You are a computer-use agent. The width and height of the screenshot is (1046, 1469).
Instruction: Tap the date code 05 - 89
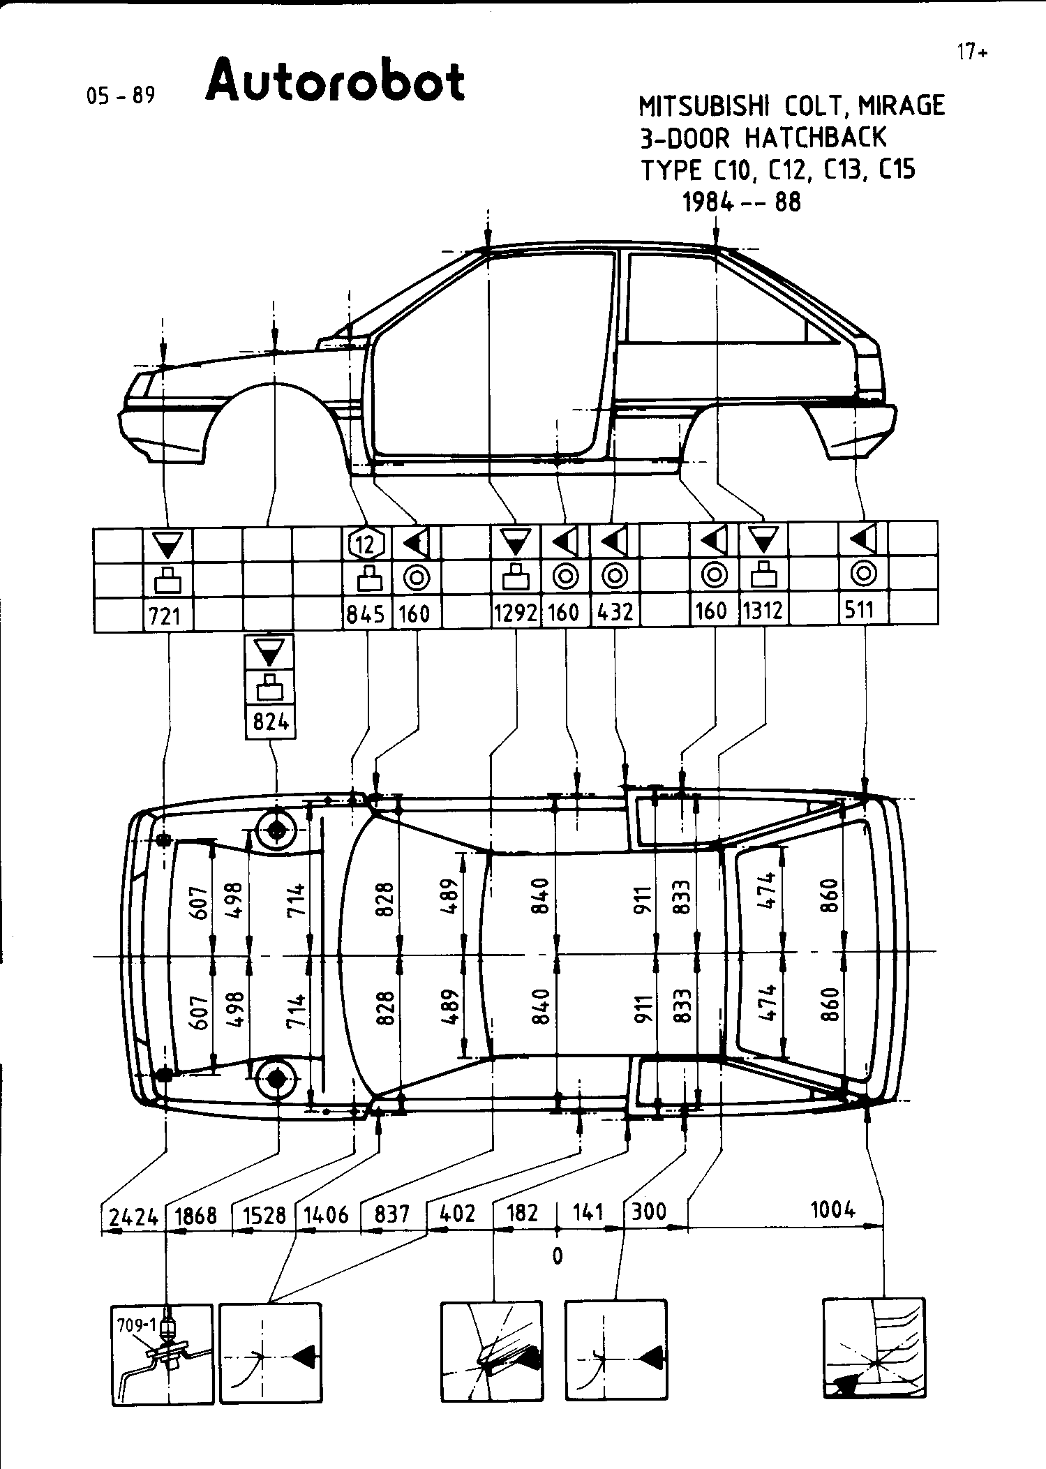[x=120, y=96]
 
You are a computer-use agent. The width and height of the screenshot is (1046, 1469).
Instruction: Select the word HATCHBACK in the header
[x=816, y=137]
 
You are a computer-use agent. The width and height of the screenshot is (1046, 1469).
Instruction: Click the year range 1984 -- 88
[x=741, y=202]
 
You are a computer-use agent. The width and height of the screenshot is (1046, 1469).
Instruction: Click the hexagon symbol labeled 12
[x=366, y=542]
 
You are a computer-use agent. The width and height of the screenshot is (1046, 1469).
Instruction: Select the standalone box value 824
[x=271, y=722]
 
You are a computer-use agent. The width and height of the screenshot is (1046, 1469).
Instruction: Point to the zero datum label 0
[x=557, y=1255]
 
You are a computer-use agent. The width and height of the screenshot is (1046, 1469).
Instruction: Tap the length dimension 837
[x=391, y=1215]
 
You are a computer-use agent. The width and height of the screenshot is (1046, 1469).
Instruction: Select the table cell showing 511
[x=859, y=611]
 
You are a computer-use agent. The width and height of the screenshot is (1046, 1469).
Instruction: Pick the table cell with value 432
[x=615, y=613]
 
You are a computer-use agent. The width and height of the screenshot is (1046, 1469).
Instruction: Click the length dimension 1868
[x=196, y=1216]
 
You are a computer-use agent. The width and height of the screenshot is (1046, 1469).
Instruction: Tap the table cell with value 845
[x=366, y=614]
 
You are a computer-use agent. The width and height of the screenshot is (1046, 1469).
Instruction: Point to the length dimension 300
[x=649, y=1211]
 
